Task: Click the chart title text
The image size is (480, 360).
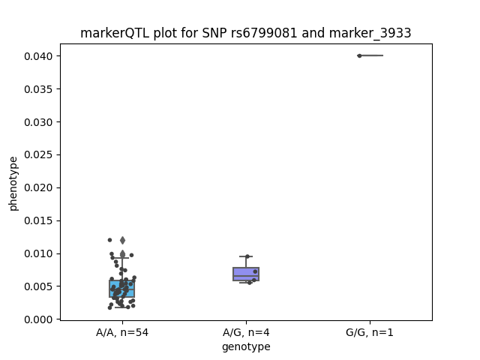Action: pyautogui.click(x=245, y=33)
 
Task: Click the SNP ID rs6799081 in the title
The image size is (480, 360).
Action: pyautogui.click(x=264, y=33)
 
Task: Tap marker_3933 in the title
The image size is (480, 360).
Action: pyautogui.click(x=370, y=33)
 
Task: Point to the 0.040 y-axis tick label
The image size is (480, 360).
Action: pyautogui.click(x=38, y=56)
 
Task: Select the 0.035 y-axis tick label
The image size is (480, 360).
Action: pyautogui.click(x=38, y=89)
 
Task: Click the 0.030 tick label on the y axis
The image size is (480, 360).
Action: pyautogui.click(x=38, y=122)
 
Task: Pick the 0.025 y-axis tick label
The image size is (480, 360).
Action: pyautogui.click(x=38, y=155)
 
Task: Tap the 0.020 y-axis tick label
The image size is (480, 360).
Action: pyautogui.click(x=38, y=187)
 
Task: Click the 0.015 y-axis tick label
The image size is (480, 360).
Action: pyautogui.click(x=38, y=220)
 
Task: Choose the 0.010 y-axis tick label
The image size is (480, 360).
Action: pyautogui.click(x=38, y=253)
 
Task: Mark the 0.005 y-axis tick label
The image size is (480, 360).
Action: pyautogui.click(x=38, y=286)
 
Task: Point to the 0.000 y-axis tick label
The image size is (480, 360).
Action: pyautogui.click(x=38, y=319)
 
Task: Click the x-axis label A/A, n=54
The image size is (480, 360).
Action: pyautogui.click(x=122, y=332)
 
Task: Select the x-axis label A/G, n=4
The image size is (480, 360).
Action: pyautogui.click(x=246, y=332)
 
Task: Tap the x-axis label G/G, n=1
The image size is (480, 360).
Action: pyautogui.click(x=370, y=332)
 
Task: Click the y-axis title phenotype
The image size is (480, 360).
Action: pyautogui.click(x=13, y=184)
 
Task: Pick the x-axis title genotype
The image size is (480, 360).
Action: pyautogui.click(x=246, y=346)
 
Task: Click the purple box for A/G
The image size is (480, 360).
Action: pyautogui.click(x=246, y=274)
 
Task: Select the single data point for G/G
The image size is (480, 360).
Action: pyautogui.click(x=359, y=55)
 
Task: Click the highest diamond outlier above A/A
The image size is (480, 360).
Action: pyautogui.click(x=122, y=240)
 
